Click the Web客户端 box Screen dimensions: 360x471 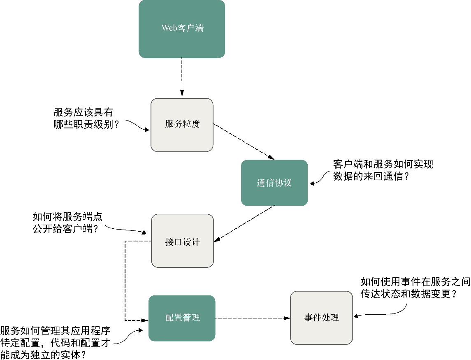point(182,29)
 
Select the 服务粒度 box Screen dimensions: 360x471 point(182,125)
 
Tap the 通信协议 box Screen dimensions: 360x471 point(274,183)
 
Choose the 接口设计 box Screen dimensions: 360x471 point(182,241)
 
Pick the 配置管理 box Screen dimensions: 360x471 point(182,318)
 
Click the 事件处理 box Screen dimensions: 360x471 point(321,318)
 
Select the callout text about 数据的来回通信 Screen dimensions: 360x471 point(383,170)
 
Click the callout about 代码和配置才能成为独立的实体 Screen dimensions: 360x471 point(56,342)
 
